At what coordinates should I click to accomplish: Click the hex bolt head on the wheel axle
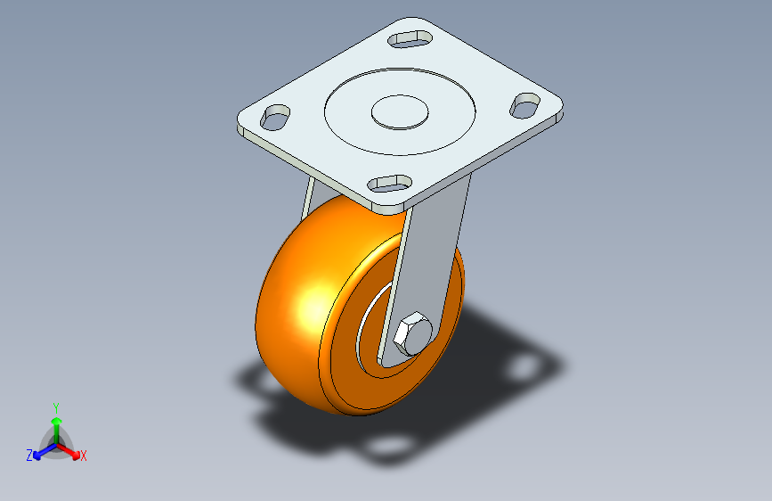[411, 335]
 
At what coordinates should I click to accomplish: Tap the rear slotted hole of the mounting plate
[410, 38]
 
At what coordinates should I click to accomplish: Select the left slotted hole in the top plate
[276, 117]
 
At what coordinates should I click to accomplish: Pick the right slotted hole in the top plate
[525, 104]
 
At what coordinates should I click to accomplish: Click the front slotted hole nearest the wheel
[390, 182]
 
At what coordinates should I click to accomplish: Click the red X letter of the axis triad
[84, 456]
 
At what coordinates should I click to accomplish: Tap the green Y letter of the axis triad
[55, 406]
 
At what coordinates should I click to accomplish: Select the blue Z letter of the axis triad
[29, 456]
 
